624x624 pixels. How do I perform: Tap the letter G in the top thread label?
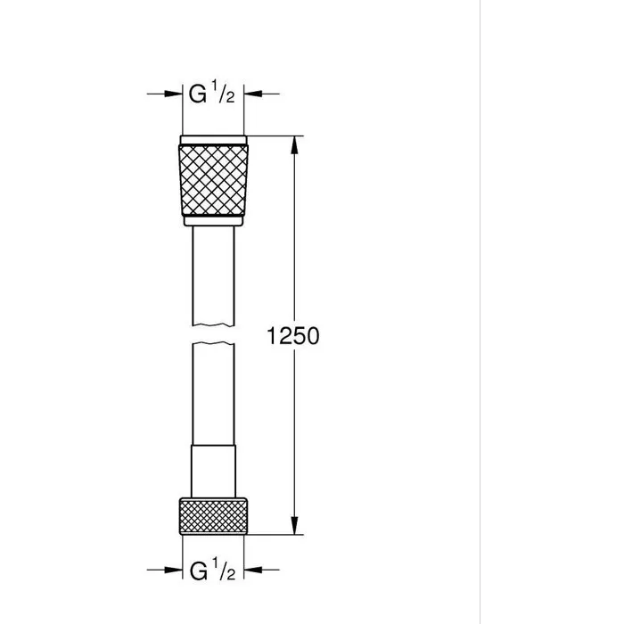(197, 92)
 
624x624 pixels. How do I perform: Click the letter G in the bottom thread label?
(197, 570)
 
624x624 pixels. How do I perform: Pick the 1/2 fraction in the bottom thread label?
(224, 568)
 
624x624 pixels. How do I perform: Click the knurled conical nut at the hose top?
(215, 177)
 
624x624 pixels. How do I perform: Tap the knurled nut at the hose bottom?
(215, 516)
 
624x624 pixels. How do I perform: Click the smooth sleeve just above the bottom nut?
(215, 471)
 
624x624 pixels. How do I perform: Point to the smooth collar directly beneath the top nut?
(215, 221)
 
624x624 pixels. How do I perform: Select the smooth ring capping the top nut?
(215, 141)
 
